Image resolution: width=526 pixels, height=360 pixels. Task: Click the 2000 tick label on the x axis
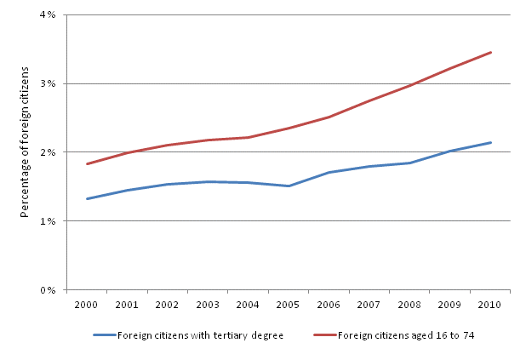tap(87, 304)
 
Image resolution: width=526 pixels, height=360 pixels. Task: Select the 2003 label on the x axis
tap(208, 304)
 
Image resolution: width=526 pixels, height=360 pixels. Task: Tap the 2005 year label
tap(289, 304)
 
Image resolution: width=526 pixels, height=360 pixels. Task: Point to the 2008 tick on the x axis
tap(409, 304)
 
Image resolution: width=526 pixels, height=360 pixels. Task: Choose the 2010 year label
tap(490, 304)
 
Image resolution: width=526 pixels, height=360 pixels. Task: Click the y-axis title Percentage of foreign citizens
tap(26, 153)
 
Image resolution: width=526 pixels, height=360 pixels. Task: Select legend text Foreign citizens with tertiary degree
tap(200, 335)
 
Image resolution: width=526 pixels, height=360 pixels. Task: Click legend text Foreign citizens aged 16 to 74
tap(406, 335)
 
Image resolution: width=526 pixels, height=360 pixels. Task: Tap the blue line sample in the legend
tap(104, 335)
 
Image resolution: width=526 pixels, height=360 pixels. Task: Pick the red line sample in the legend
tap(324, 335)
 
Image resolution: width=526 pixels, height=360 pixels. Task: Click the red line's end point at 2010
tap(491, 52)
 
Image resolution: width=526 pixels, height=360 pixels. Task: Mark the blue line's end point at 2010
tap(491, 142)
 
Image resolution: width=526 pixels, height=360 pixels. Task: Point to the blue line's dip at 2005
tap(289, 186)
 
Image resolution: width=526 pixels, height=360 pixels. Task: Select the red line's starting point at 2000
tap(87, 164)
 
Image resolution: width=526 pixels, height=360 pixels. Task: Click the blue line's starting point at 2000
tap(87, 198)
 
